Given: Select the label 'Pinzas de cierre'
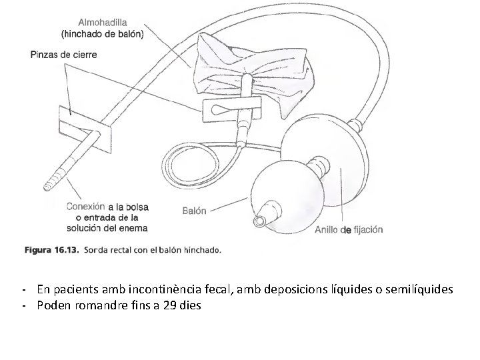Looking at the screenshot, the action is click(x=63, y=54).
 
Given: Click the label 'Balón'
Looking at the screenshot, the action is click(x=195, y=211).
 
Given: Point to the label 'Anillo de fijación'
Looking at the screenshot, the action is click(x=349, y=230).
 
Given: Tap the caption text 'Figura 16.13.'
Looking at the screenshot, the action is click(x=52, y=251).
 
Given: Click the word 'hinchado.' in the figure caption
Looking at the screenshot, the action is click(x=199, y=251).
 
